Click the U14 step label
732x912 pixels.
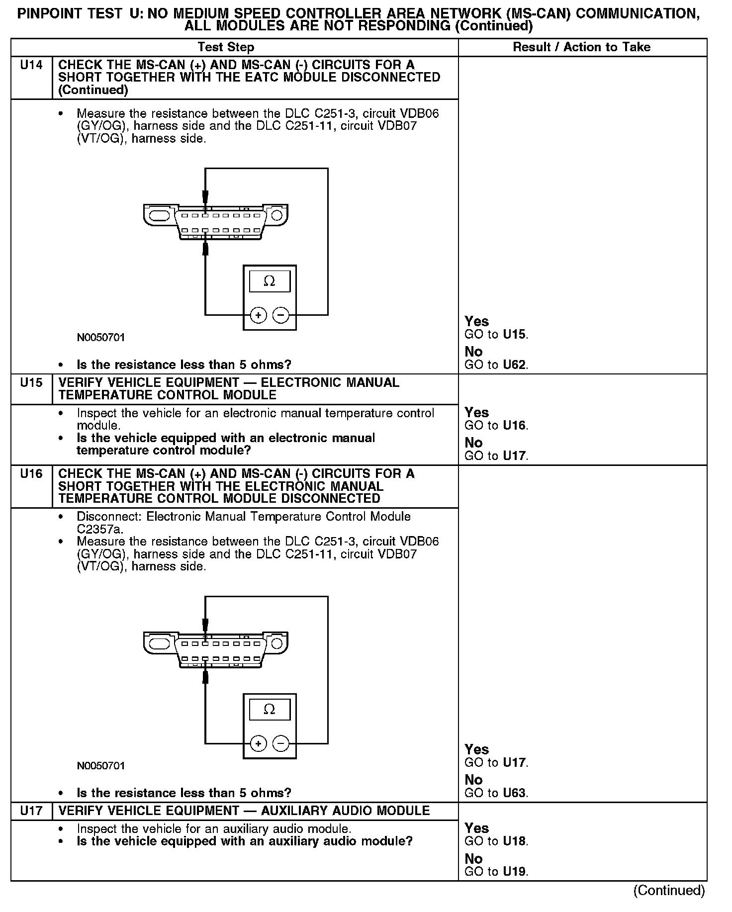click(x=31, y=65)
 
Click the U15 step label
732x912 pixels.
click(x=31, y=383)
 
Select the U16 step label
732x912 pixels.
click(x=31, y=474)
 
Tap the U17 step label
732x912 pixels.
click(x=31, y=811)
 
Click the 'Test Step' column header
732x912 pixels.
click(x=226, y=47)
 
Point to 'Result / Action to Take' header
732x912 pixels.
click(x=581, y=47)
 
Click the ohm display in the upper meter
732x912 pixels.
click(x=269, y=281)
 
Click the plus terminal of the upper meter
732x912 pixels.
click(x=258, y=315)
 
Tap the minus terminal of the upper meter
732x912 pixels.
click(x=281, y=315)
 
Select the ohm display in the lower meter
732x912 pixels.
click(x=269, y=710)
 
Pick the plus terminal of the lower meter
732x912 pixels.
click(x=258, y=743)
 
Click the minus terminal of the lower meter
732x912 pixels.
click(x=281, y=743)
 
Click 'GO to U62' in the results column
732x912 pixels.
click(x=496, y=365)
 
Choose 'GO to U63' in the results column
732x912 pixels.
click(x=496, y=793)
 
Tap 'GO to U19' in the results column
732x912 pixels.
click(x=496, y=872)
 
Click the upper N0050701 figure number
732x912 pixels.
click(x=101, y=338)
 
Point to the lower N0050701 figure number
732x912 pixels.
click(x=101, y=766)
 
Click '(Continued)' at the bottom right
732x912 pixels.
click(x=669, y=891)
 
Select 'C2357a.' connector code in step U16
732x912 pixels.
click(x=100, y=529)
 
